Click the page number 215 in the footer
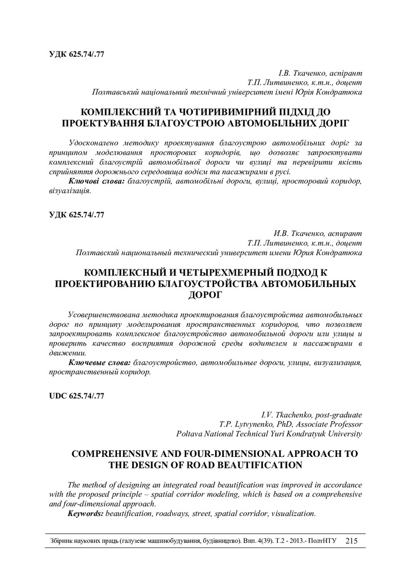pyautogui.click(x=351, y=541)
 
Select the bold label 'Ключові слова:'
pyautogui.click(x=97, y=180)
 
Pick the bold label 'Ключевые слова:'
pyautogui.click(x=99, y=362)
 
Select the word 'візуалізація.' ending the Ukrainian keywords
pyautogui.click(x=70, y=191)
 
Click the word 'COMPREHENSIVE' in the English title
pyautogui.click(x=114, y=454)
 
